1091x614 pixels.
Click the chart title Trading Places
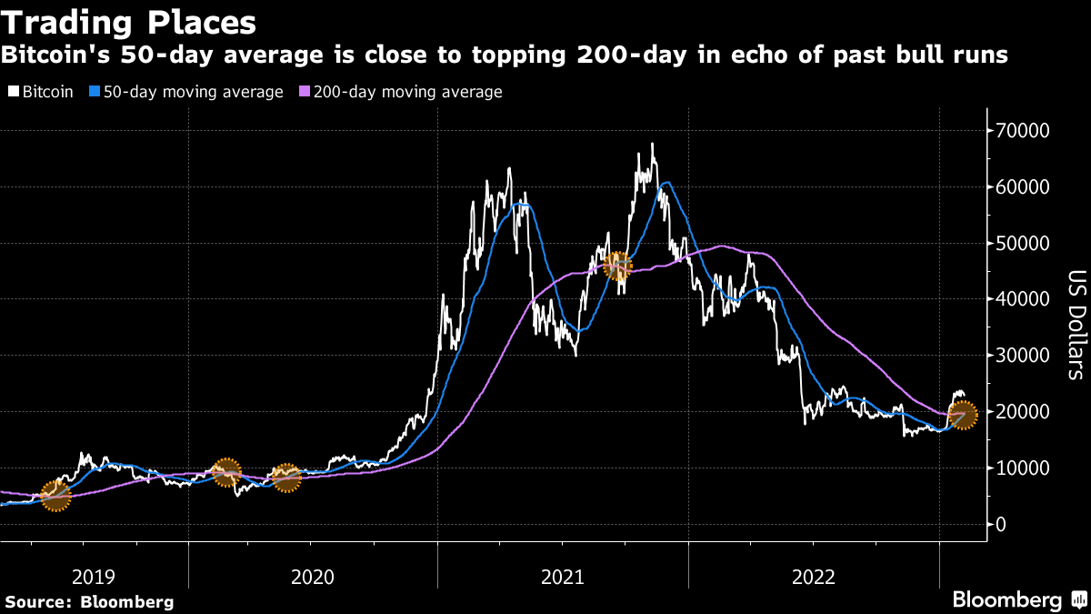tap(128, 20)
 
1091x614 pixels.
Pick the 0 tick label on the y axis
tap(1000, 524)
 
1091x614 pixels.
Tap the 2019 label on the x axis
tap(94, 576)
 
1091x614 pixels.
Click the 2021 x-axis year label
tap(563, 576)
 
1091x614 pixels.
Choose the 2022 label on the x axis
tap(814, 576)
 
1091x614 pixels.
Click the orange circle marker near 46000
tap(617, 267)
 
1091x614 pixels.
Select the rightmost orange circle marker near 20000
tap(963, 416)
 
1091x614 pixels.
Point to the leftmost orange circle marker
tap(55, 497)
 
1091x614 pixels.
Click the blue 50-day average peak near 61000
tap(667, 183)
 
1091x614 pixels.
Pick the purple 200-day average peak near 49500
tap(721, 246)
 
